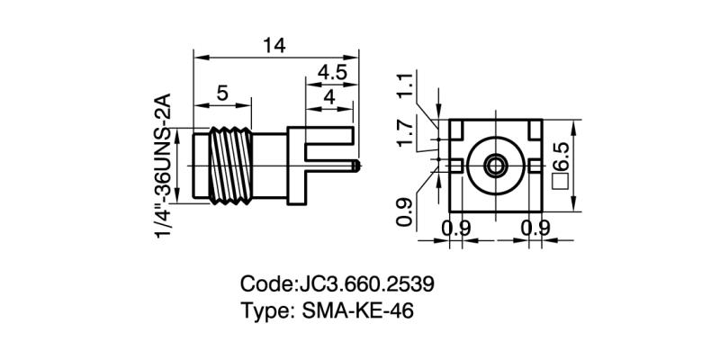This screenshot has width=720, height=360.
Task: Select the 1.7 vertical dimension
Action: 406,132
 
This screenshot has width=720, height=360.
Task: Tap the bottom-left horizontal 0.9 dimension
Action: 458,229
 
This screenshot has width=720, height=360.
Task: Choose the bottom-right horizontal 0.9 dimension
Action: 536,229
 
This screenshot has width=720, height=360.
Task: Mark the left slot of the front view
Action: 456,166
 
